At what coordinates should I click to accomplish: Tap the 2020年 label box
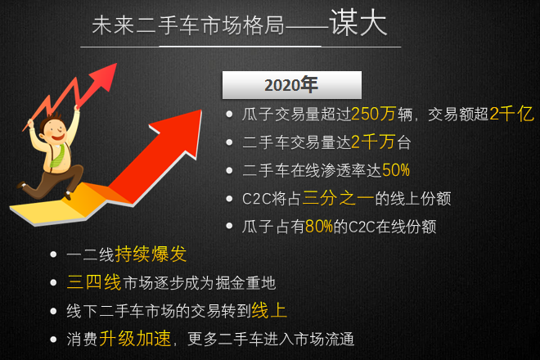291,84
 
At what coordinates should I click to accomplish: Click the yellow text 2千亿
511,115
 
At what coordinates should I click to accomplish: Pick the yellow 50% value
395,171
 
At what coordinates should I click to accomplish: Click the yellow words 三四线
94,283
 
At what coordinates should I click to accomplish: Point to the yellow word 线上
269,311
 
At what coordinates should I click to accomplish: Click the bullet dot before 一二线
54,255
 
